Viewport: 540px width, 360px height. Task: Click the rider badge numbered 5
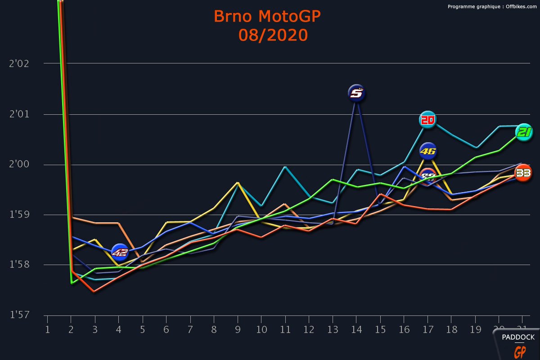click(356, 93)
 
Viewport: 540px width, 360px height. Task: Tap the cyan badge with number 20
click(427, 120)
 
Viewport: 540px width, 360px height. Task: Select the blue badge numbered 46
click(428, 151)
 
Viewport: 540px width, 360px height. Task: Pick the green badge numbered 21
click(524, 132)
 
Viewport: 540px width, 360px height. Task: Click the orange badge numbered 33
click(523, 172)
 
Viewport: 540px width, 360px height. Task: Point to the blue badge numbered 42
click(120, 252)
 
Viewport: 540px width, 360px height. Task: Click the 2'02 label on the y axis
click(19, 63)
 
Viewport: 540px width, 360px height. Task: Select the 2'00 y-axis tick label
click(19, 164)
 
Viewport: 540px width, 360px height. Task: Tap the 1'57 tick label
click(19, 315)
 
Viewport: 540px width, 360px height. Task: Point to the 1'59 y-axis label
click(19, 215)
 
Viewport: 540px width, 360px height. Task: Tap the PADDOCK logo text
click(518, 337)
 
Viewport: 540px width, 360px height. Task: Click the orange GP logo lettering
click(520, 351)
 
